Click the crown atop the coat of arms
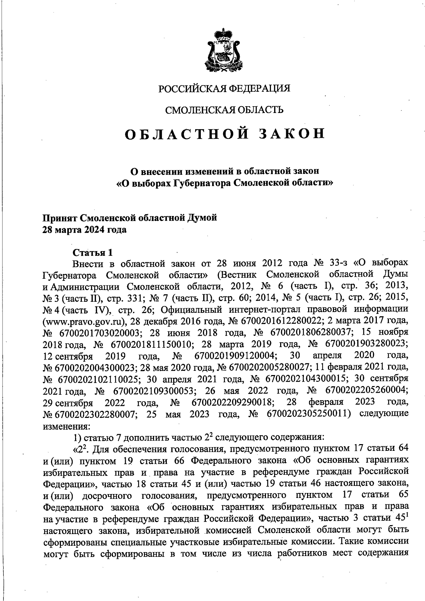(224, 35)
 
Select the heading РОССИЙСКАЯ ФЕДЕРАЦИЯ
(224, 88)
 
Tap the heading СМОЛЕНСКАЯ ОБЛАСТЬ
(225, 110)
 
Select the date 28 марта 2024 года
(84, 230)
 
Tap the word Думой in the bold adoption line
(203, 218)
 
